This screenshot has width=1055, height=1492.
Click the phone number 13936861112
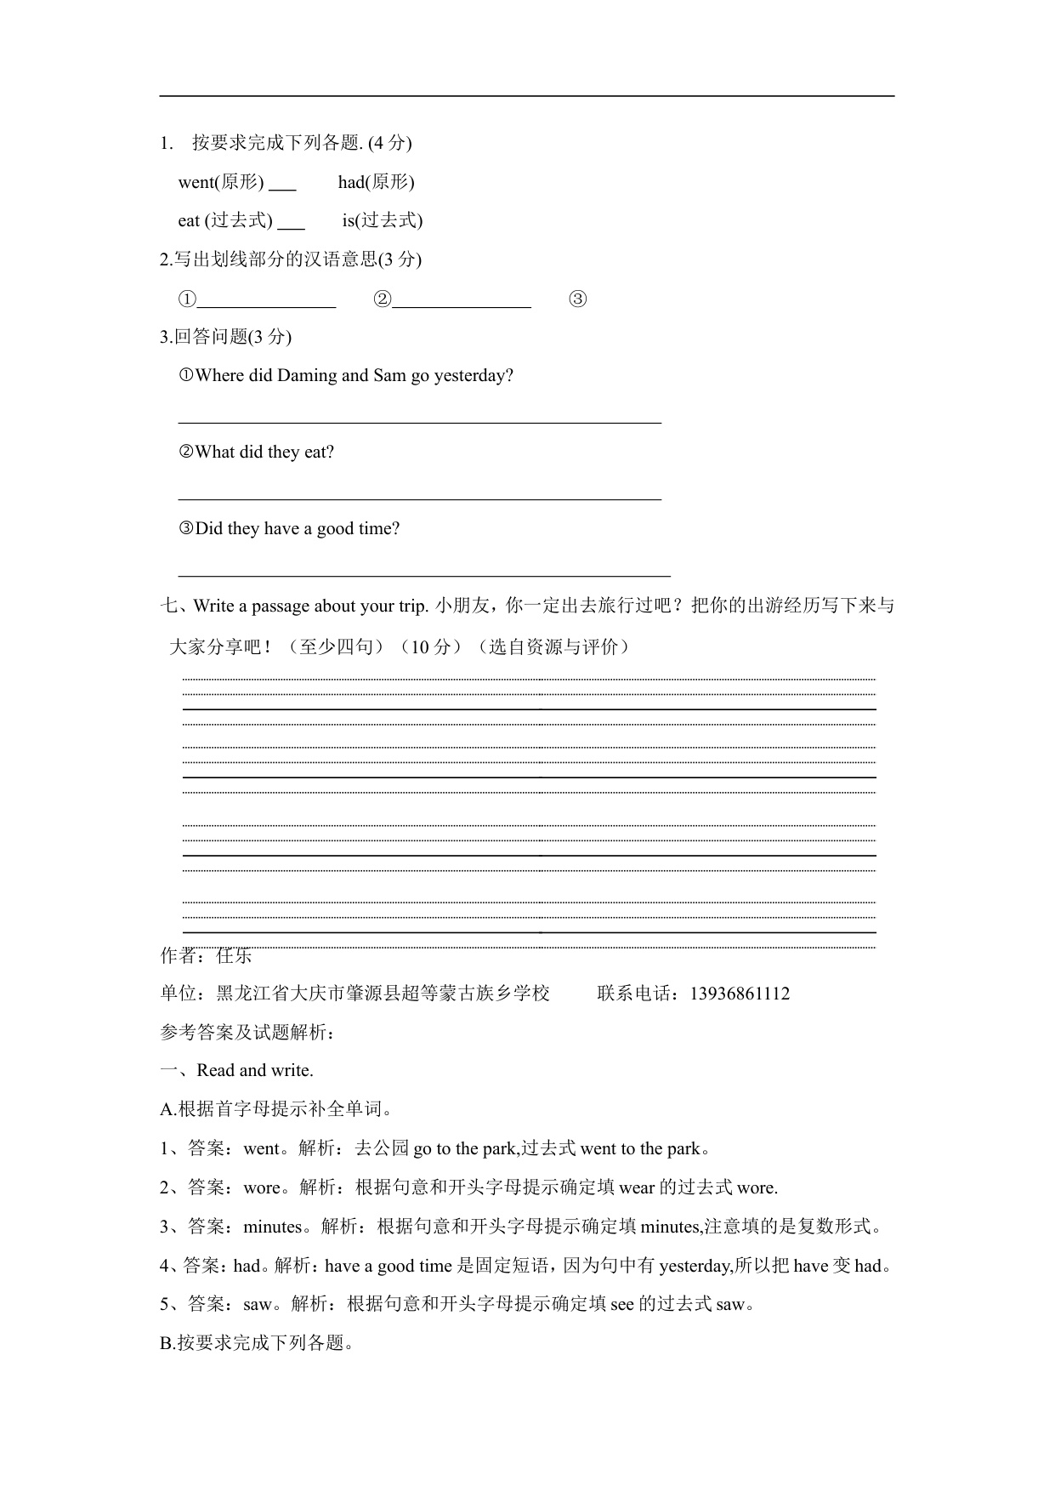(740, 994)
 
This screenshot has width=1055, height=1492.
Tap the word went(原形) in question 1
(221, 182)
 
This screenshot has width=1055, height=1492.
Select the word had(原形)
(376, 182)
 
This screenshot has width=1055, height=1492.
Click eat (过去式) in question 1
(225, 221)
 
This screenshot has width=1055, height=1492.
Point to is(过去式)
(383, 221)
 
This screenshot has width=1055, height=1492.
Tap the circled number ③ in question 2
(577, 299)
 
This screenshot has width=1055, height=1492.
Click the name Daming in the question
(307, 376)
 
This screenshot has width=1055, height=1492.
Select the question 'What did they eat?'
(264, 453)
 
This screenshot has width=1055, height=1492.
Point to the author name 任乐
(235, 956)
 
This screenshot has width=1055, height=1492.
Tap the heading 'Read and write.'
(254, 1071)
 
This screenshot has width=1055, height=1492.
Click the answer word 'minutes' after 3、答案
(273, 1227)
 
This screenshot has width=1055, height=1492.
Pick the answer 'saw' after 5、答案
(258, 1304)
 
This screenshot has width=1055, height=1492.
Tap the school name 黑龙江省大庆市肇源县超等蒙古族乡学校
(383, 994)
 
